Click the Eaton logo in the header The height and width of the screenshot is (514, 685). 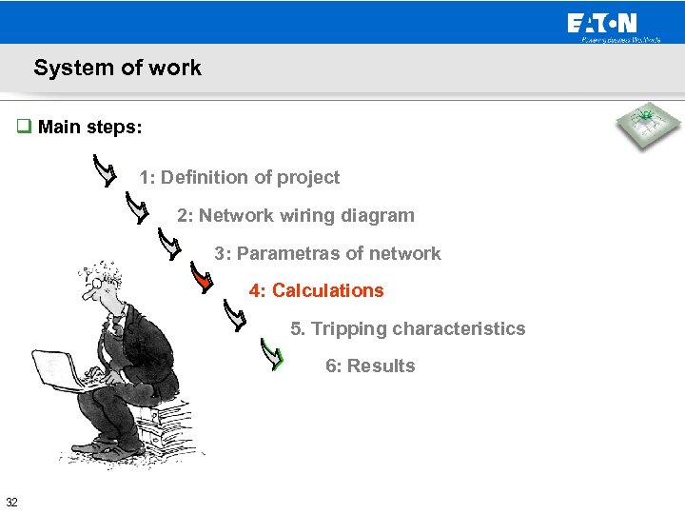click(x=602, y=24)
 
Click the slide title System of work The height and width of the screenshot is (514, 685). click(x=117, y=68)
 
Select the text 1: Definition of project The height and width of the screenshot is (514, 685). click(x=239, y=177)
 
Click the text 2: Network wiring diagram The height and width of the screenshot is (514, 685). click(x=296, y=215)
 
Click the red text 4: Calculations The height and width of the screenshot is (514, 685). click(x=317, y=290)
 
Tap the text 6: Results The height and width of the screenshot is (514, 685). click(x=370, y=366)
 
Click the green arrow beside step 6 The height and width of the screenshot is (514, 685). click(x=273, y=356)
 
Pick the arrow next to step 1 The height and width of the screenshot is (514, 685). click(x=106, y=171)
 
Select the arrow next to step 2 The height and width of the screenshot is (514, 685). click(x=138, y=208)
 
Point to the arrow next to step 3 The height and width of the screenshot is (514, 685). click(x=169, y=245)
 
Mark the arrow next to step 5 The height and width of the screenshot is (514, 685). click(x=235, y=315)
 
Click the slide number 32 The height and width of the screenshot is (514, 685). click(x=11, y=503)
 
